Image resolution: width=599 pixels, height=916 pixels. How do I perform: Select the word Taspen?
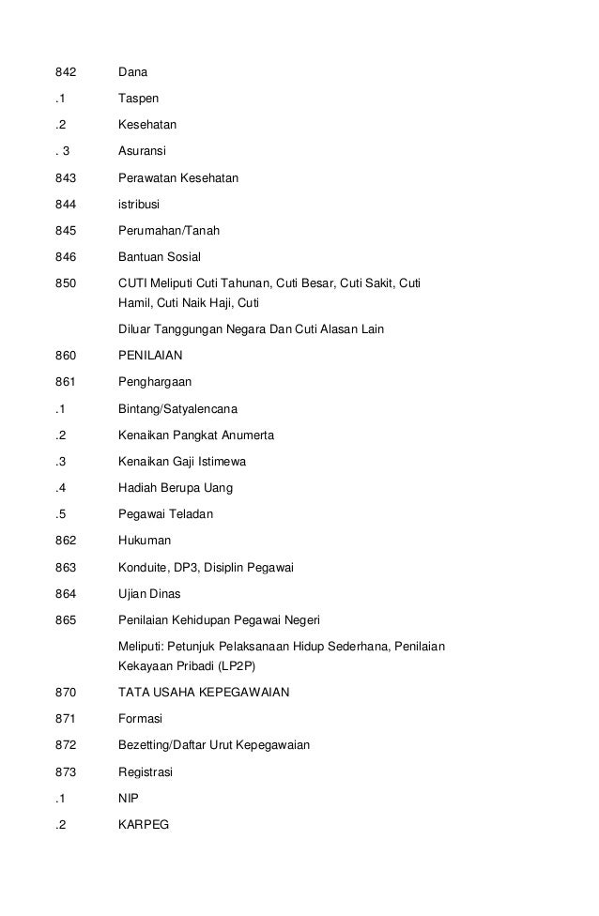pyautogui.click(x=138, y=98)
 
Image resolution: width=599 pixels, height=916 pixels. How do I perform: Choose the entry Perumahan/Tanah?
pyautogui.click(x=169, y=230)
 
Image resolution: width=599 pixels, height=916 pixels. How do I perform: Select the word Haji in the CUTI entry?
pyautogui.click(x=215, y=302)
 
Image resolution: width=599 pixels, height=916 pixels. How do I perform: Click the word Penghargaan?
pyautogui.click(x=154, y=383)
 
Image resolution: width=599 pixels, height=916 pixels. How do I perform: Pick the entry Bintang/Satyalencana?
pyautogui.click(x=177, y=409)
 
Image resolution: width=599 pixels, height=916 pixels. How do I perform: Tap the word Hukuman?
pyautogui.click(x=145, y=542)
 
